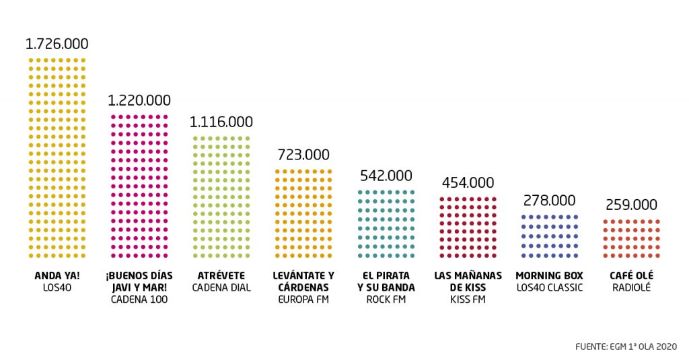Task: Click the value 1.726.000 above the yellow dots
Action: [57, 44]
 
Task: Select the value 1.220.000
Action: [139, 100]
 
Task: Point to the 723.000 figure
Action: [303, 155]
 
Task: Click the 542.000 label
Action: [386, 176]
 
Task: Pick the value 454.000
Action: [468, 182]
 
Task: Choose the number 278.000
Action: [550, 201]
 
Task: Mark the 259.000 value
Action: [632, 205]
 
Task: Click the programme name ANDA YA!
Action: [57, 276]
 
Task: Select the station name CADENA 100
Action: [139, 299]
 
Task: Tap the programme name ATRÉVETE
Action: [221, 276]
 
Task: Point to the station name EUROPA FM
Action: [303, 299]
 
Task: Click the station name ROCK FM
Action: [386, 299]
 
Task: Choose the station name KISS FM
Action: [468, 299]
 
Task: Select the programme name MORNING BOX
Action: [549, 276]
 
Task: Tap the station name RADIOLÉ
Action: [631, 288]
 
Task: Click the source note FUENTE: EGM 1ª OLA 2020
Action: [625, 347]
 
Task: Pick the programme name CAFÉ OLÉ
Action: [631, 276]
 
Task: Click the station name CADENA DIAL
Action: [221, 288]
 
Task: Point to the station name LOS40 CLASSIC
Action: [549, 288]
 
